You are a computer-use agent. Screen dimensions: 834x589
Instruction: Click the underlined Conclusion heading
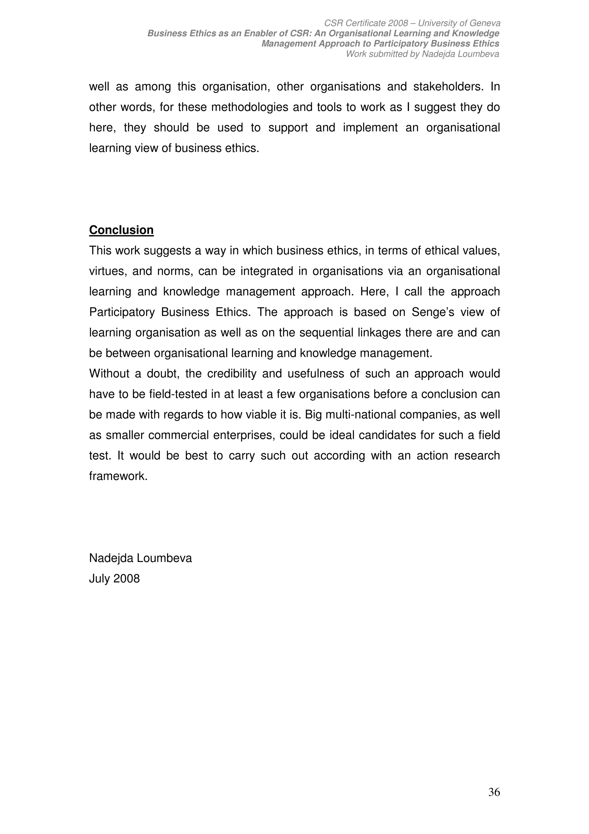click(x=121, y=230)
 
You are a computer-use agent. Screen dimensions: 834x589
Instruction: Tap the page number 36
click(x=494, y=792)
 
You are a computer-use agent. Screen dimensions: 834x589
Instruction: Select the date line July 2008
click(x=114, y=579)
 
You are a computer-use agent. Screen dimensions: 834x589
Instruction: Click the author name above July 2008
click(x=140, y=558)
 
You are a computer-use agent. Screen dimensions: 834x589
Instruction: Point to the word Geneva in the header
click(x=485, y=23)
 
